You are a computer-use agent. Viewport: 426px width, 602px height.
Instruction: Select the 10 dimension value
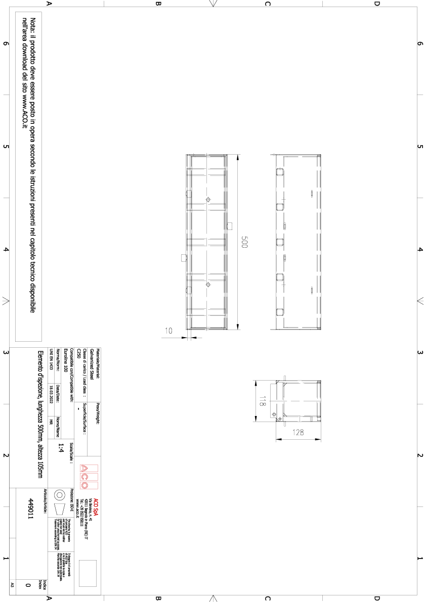point(169,331)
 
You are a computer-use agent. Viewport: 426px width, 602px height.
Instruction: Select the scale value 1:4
point(61,448)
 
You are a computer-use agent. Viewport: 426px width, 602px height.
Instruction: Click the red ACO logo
point(84,475)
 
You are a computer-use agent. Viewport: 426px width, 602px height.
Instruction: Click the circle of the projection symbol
point(59,493)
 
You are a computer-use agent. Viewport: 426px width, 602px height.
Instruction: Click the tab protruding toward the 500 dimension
point(229,225)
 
